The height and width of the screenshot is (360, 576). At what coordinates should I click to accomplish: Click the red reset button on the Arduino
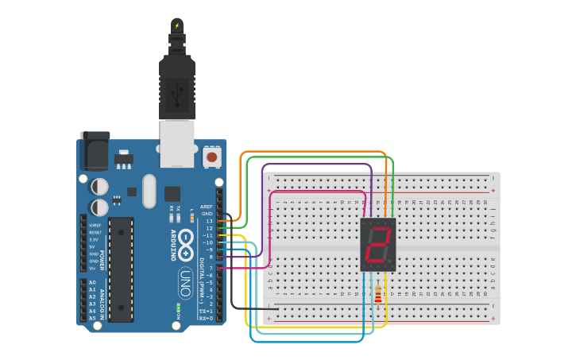[212, 157]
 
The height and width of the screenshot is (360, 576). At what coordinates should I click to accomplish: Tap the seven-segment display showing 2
[378, 245]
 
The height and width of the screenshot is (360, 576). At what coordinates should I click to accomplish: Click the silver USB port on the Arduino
[176, 143]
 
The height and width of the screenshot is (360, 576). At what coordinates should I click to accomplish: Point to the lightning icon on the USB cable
[176, 25]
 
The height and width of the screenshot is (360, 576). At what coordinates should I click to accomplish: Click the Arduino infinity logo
[186, 244]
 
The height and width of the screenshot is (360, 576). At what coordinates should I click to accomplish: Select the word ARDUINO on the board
[173, 245]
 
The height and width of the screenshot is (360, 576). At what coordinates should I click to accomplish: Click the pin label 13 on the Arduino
[209, 221]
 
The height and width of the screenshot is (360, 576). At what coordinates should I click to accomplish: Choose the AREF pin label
[207, 206]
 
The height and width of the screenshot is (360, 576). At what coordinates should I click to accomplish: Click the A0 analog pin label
[92, 282]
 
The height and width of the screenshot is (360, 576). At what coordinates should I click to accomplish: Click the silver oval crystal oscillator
[149, 191]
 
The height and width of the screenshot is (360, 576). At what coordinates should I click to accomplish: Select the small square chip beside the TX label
[172, 193]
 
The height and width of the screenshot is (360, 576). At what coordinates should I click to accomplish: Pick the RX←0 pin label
[205, 318]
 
